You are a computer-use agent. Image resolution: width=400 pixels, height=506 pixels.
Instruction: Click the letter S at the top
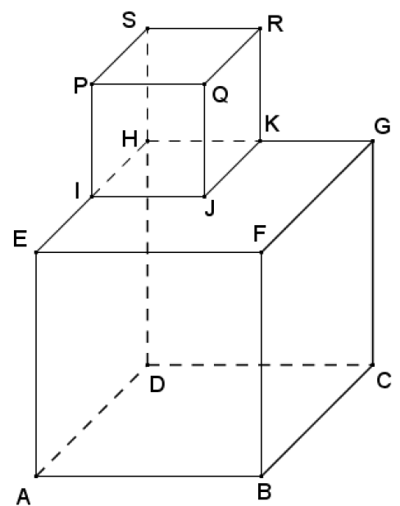130,20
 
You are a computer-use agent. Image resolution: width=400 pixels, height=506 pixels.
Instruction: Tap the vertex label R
275,25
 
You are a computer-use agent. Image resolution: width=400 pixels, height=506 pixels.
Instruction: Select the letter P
80,86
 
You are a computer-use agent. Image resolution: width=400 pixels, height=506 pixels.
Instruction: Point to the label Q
220,95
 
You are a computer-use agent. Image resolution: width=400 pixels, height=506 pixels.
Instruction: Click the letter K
272,124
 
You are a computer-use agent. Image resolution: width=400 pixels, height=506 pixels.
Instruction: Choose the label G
382,126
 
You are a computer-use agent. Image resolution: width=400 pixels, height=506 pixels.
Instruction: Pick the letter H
130,139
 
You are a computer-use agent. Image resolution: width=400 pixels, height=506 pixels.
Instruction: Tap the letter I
77,191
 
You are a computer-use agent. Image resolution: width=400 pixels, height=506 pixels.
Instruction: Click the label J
210,209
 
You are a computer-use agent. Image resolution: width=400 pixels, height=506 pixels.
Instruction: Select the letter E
20,239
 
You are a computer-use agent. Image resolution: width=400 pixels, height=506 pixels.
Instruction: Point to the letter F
260,233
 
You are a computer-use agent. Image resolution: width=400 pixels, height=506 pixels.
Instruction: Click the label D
157,384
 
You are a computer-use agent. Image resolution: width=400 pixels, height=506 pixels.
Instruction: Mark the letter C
384,380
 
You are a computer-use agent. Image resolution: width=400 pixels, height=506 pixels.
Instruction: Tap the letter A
24,497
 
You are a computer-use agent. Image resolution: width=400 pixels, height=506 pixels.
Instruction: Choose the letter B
264,492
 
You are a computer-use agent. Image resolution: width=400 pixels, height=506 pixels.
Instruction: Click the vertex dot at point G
372,141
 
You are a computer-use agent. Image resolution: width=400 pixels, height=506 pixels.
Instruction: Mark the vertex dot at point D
148,365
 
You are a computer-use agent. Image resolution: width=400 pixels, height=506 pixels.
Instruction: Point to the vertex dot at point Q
204,84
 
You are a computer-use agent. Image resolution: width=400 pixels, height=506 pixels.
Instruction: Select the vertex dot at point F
261,252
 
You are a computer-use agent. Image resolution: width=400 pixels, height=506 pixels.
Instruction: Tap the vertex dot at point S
148,29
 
